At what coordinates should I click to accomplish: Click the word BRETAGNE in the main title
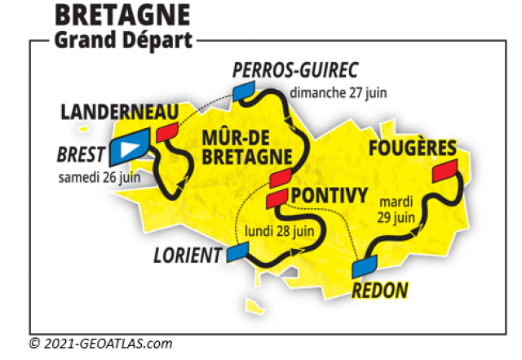pos(122,15)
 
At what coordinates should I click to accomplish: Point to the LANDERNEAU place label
pos(122,110)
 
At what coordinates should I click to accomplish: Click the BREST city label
pos(81,154)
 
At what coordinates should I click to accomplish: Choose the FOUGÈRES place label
pos(411,149)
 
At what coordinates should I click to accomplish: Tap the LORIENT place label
pos(188,256)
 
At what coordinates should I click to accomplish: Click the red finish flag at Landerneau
pos(169,133)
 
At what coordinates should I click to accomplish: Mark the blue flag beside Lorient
pos(239,252)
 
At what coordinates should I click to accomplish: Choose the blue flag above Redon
pos(365,267)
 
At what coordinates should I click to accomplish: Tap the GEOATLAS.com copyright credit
pos(100,344)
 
